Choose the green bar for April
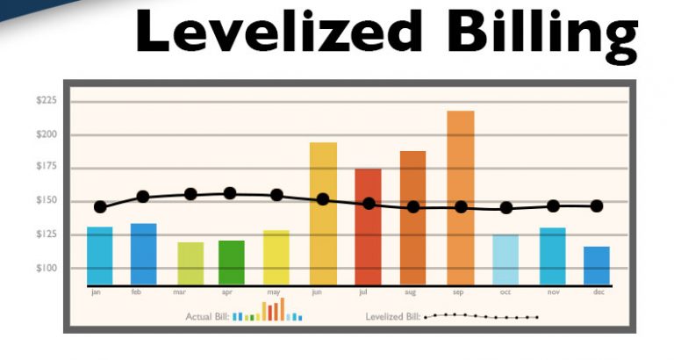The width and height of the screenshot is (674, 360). (x=232, y=263)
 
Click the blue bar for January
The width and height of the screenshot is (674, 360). (x=100, y=256)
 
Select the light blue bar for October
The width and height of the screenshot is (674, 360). (x=505, y=259)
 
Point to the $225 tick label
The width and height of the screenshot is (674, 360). (x=47, y=101)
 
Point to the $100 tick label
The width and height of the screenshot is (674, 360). (x=47, y=269)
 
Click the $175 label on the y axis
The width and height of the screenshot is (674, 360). (x=47, y=167)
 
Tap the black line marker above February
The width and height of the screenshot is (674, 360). (x=143, y=197)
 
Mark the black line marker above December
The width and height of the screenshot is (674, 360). (x=597, y=206)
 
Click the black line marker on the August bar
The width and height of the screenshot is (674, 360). (x=413, y=207)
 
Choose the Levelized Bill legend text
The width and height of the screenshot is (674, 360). (x=392, y=316)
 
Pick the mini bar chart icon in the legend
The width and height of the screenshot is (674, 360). (x=268, y=311)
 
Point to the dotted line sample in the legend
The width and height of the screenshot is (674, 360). (x=480, y=316)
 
